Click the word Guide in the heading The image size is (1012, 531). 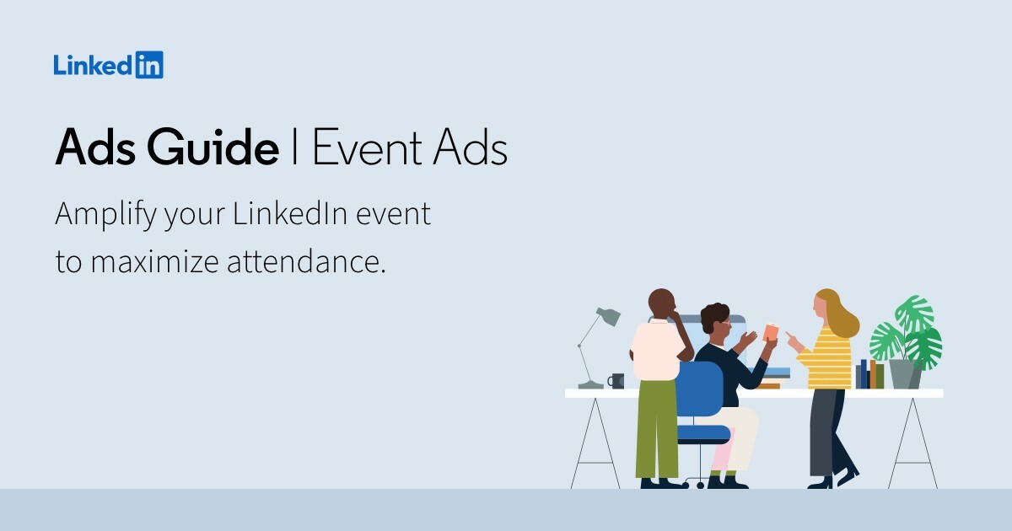(x=213, y=149)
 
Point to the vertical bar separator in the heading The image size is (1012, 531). (x=295, y=149)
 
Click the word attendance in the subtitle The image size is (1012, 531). (x=305, y=261)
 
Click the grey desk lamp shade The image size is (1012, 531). (x=608, y=316)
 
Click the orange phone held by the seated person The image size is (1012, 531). (x=770, y=332)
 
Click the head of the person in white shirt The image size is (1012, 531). (x=662, y=303)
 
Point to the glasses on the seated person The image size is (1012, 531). (x=724, y=323)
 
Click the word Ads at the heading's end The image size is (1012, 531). (x=472, y=149)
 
